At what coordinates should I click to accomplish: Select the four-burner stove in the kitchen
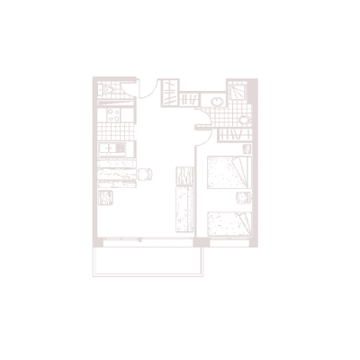coord(114,115)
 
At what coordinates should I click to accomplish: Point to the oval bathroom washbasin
coord(216,101)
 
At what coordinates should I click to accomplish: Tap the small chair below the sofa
coord(106,199)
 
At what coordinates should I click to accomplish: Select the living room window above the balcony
coord(145,242)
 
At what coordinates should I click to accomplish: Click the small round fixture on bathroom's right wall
coord(245,118)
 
